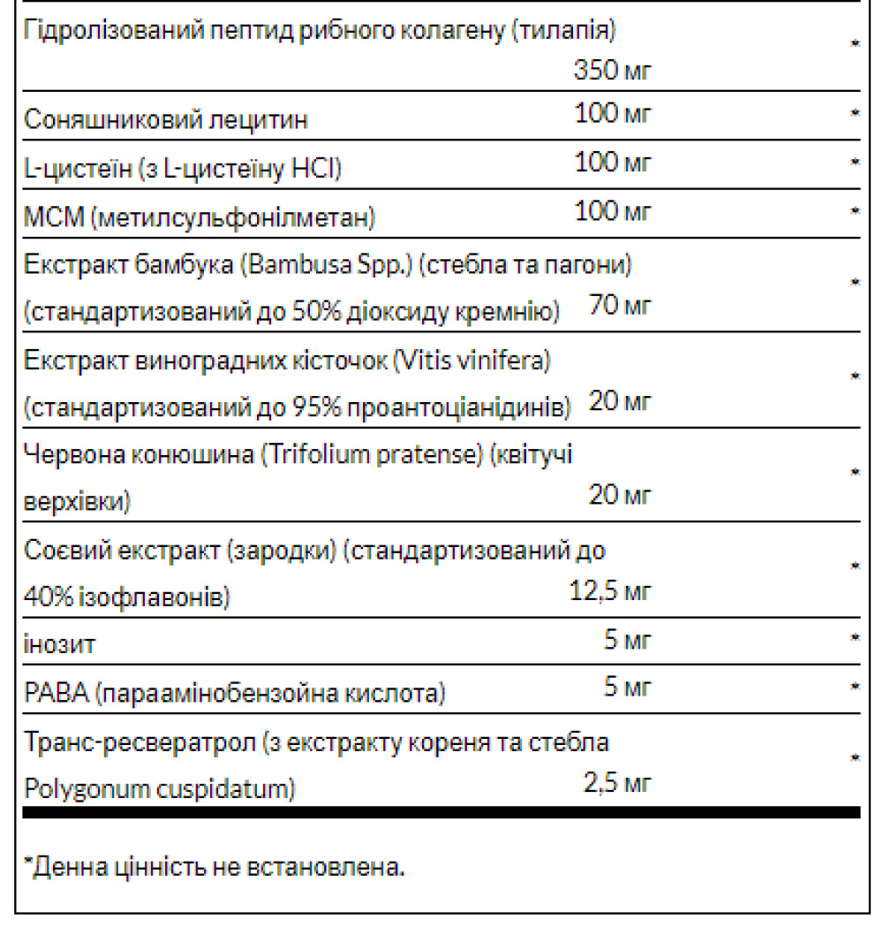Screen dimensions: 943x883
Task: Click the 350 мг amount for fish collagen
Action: click(x=611, y=69)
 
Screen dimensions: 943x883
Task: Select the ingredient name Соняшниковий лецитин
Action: click(x=166, y=119)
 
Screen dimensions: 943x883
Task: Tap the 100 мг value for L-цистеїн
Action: click(x=612, y=163)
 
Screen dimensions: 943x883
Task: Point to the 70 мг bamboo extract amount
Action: click(x=619, y=307)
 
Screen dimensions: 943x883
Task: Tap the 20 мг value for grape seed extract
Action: click(x=619, y=402)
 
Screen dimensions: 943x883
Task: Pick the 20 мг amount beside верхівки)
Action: click(x=619, y=496)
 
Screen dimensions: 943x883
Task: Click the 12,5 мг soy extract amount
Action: click(x=609, y=591)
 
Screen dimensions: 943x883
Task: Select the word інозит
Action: click(x=59, y=644)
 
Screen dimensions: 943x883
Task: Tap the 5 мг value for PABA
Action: click(x=627, y=686)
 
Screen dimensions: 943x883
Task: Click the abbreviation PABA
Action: click(x=54, y=694)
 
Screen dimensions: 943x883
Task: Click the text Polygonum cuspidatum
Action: click(x=158, y=788)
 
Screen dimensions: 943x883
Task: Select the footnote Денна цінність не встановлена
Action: click(x=216, y=867)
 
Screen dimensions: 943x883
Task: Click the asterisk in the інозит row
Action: click(x=855, y=637)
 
